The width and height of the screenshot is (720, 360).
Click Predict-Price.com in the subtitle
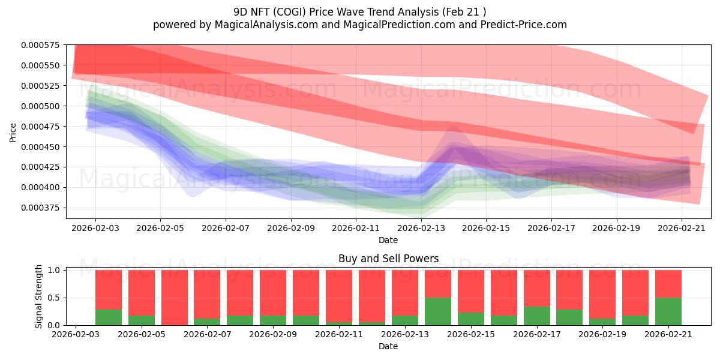524,25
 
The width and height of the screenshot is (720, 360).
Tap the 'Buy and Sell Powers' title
388,259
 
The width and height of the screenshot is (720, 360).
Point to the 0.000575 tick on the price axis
40,45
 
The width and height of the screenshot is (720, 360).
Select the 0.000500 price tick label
40,106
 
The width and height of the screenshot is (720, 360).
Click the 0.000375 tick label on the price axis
40,208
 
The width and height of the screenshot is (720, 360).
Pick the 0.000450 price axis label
40,147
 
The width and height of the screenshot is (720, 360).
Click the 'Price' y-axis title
13,133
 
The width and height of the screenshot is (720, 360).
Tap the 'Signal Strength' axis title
38,296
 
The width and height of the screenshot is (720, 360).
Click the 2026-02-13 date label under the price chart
421,228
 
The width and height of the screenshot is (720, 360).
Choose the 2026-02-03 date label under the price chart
95,228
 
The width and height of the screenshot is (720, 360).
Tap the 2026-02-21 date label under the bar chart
668,334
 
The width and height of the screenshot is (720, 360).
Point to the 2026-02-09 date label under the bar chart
273,334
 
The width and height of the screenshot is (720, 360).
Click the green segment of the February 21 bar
668,311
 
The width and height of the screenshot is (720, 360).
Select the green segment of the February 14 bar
438,311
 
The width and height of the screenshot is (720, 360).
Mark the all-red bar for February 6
174,298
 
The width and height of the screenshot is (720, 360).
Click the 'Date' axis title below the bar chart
388,347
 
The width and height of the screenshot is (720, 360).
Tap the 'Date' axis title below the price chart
388,240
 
